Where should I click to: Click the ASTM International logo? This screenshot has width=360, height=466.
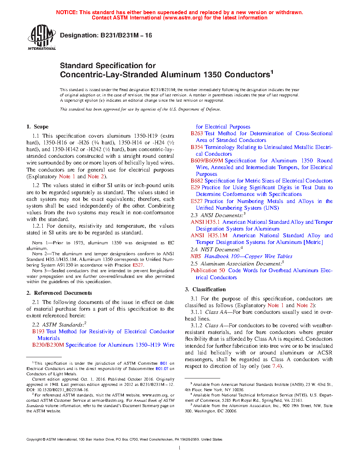coord(42,37)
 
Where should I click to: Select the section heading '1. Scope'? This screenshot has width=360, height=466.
coord(37,127)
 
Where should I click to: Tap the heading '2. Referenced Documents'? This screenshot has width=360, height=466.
coord(59,293)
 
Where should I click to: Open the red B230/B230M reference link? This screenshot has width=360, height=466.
coord(48,345)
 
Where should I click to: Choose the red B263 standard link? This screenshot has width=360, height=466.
coord(197,133)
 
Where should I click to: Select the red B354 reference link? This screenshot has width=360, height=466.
coord(197,147)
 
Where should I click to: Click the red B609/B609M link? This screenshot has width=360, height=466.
coord(207,161)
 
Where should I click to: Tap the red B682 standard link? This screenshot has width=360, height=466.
coord(197,181)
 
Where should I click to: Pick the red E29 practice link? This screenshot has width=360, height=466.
coord(195,187)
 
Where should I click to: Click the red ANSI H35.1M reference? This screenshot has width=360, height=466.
coord(209,235)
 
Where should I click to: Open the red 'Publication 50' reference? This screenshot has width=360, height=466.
coord(208,270)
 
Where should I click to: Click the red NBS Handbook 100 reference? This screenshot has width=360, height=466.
coord(241,256)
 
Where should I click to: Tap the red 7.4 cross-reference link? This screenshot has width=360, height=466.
coord(276,366)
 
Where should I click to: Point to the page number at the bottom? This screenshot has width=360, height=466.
coord(180,448)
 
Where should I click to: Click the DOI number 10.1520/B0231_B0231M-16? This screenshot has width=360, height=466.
coord(61,390)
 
